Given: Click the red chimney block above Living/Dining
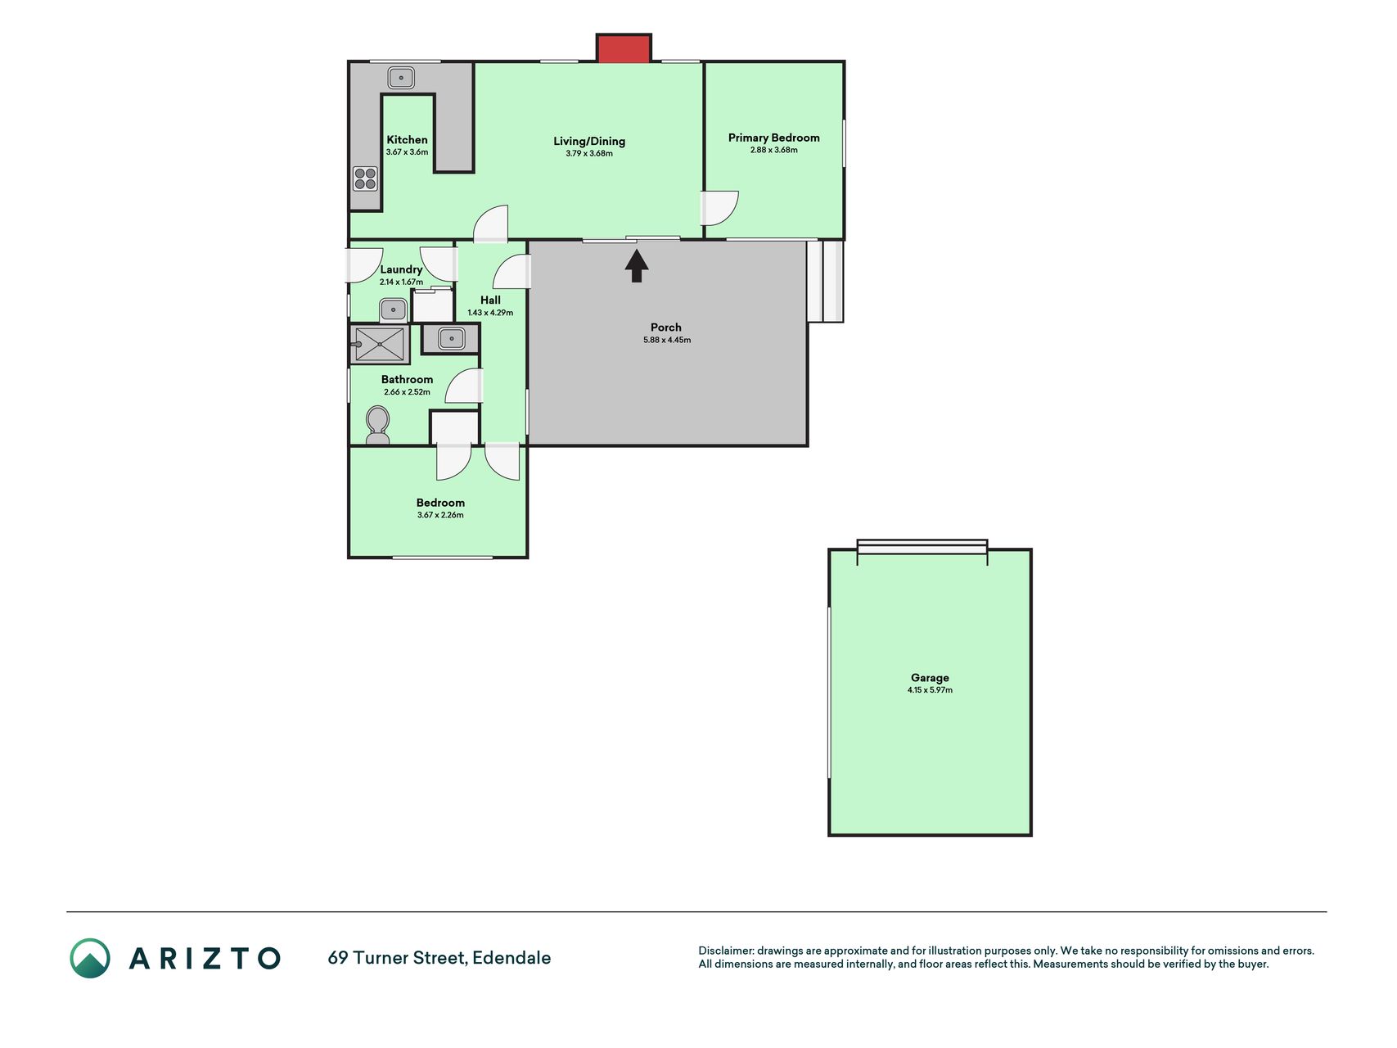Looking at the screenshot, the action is [624, 48].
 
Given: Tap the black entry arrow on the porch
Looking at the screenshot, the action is [637, 266].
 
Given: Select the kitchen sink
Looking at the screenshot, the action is [401, 78].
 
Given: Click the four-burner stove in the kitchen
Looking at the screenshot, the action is [365, 178].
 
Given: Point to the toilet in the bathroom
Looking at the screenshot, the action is [377, 426].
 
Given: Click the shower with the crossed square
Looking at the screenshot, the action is [380, 345].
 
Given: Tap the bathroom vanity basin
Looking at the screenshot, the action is [451, 338].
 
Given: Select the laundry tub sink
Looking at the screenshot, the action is [393, 310].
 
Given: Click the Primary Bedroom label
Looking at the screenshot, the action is [773, 138].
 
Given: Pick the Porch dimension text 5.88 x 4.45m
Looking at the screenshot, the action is [667, 340].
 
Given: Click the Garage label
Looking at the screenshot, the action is [930, 678].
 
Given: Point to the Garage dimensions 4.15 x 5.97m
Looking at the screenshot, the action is [930, 690].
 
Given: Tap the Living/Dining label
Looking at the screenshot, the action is [589, 141].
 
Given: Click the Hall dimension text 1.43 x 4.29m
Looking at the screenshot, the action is [490, 313].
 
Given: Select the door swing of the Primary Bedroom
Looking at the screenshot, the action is [720, 208].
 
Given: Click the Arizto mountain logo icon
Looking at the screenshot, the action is [90, 958].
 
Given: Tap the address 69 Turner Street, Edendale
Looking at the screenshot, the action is [439, 958].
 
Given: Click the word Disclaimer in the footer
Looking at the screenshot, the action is [726, 951].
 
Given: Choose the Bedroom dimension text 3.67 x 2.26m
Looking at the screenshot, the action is [440, 515].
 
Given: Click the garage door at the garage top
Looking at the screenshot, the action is [922, 547].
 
